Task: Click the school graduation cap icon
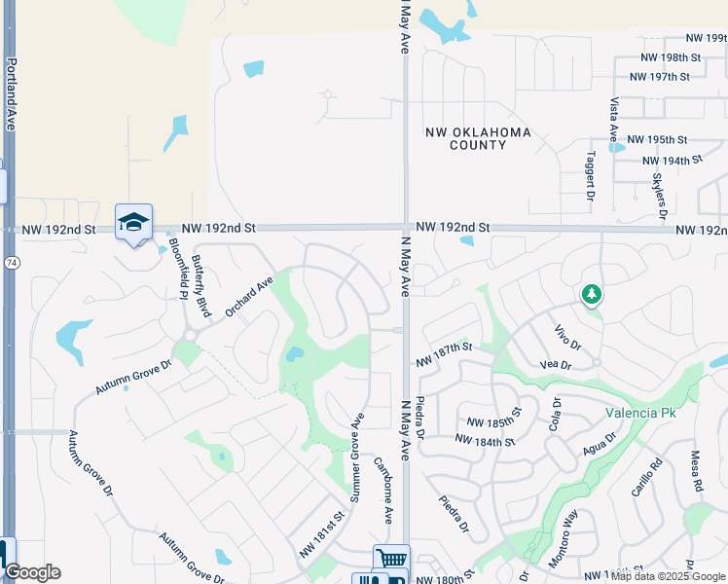coord(133,223)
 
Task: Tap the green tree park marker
coord(590,294)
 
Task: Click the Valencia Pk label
coord(640,412)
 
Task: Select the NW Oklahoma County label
coord(478,138)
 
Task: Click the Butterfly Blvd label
coord(201,286)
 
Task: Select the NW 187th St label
coord(444,354)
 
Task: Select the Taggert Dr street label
coord(591,177)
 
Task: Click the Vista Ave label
coord(614,119)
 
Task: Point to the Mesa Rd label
coord(697,470)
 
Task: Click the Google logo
coord(32,572)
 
